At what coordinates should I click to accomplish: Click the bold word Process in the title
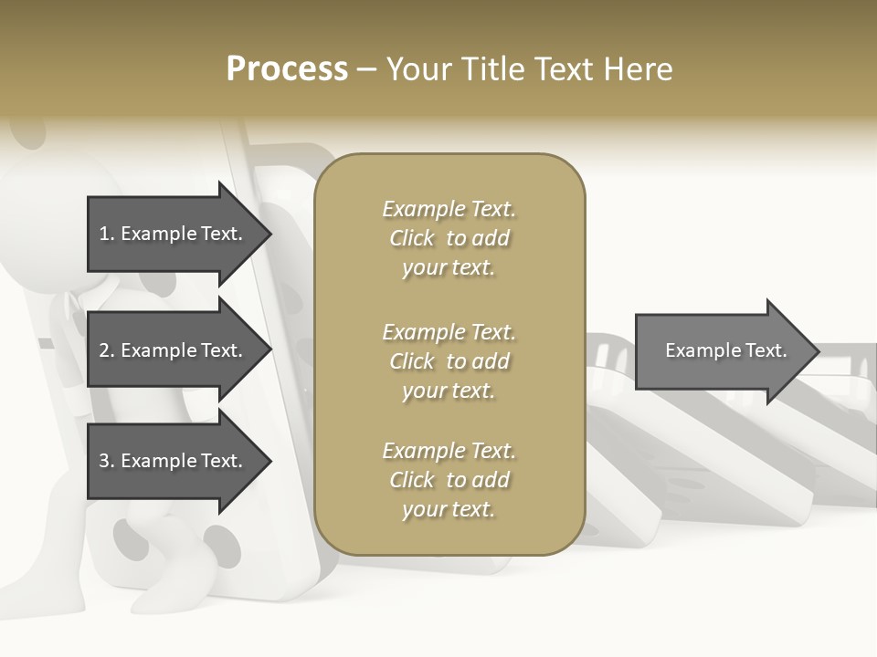(287, 69)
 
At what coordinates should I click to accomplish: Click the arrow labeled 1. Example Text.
(171, 234)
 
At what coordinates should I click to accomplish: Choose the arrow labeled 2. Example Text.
(171, 350)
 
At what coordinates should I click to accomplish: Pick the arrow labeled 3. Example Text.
(171, 461)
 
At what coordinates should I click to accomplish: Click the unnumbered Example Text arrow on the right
(725, 350)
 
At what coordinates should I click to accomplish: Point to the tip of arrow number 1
(269, 234)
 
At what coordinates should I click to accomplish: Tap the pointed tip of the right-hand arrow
(817, 351)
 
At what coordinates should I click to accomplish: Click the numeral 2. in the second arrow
(107, 350)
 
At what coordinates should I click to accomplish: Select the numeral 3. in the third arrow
(107, 461)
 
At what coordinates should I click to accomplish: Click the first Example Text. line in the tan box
(449, 209)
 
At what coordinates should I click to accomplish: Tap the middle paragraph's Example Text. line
(449, 331)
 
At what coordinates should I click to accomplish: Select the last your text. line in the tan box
(449, 509)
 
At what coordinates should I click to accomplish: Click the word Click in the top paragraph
(412, 238)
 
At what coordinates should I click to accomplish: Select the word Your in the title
(417, 69)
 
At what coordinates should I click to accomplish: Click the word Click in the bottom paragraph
(412, 480)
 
